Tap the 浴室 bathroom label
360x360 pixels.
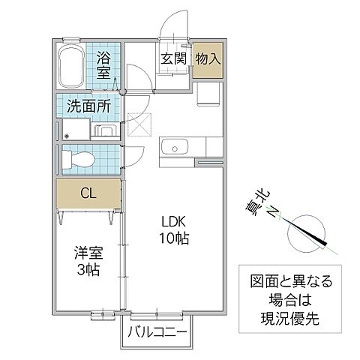tap(103, 64)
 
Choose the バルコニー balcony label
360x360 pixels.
tap(157, 331)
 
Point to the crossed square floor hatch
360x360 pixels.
tap(139, 124)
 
